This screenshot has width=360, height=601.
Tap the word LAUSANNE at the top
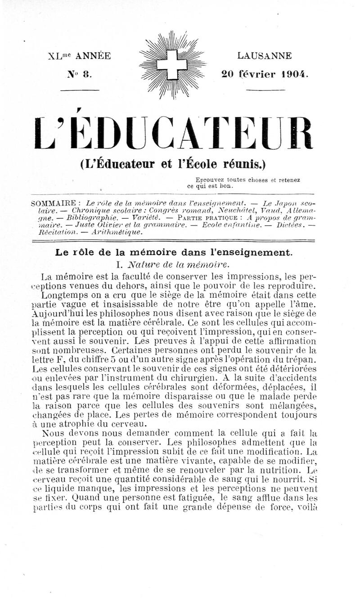point(264,56)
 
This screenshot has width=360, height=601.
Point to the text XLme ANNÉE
point(79,56)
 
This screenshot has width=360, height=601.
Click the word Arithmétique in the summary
point(120,233)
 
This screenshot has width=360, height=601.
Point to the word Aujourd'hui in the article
point(60,314)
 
